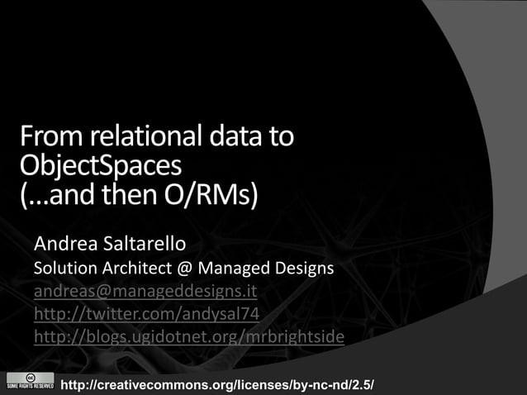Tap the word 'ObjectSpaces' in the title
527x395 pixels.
point(99,165)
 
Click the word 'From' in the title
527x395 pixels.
point(47,136)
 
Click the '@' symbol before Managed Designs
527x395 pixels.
point(178,269)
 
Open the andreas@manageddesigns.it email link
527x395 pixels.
point(145,292)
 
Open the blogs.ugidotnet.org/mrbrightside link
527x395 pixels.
point(188,337)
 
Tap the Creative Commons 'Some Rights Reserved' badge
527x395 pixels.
point(29,382)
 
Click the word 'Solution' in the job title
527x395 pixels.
point(63,269)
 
